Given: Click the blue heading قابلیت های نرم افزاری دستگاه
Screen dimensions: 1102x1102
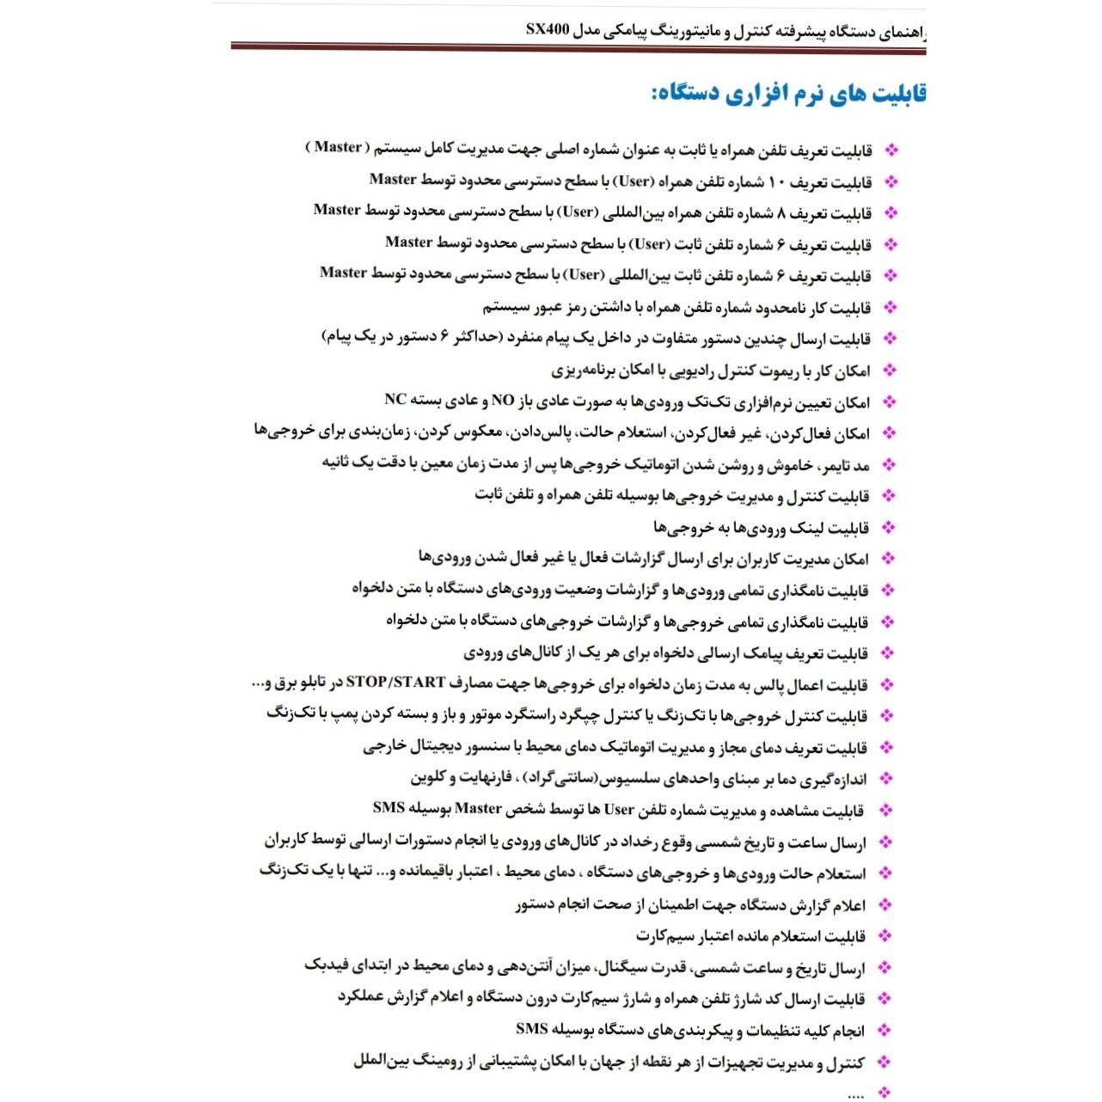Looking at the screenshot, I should click(788, 94).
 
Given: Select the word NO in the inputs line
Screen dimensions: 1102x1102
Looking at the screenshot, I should click(502, 401).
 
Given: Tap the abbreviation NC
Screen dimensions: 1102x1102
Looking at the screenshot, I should click(395, 400).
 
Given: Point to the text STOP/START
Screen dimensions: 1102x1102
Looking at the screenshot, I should click(395, 683).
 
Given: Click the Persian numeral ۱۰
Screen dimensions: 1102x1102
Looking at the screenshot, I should click(775, 182).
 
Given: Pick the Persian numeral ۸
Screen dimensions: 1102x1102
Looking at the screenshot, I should click(781, 213).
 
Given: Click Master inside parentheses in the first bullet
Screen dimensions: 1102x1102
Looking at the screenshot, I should click(338, 147).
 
